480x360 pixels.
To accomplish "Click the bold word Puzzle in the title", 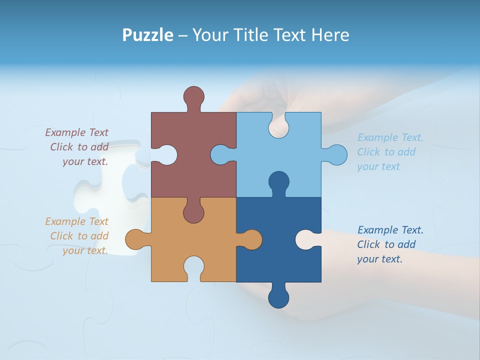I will pos(148,35).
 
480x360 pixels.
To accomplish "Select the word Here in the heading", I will pos(330,35).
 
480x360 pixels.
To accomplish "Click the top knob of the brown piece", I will pos(193,96).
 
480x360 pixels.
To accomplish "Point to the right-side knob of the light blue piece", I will pos(337,155).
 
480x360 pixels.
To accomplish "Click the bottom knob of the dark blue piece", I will pos(278,298).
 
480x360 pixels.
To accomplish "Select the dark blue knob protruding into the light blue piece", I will pos(278,181).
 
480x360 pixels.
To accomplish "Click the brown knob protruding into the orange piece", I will pos(193,213).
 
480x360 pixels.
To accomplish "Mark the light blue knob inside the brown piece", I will pos(220,155).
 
